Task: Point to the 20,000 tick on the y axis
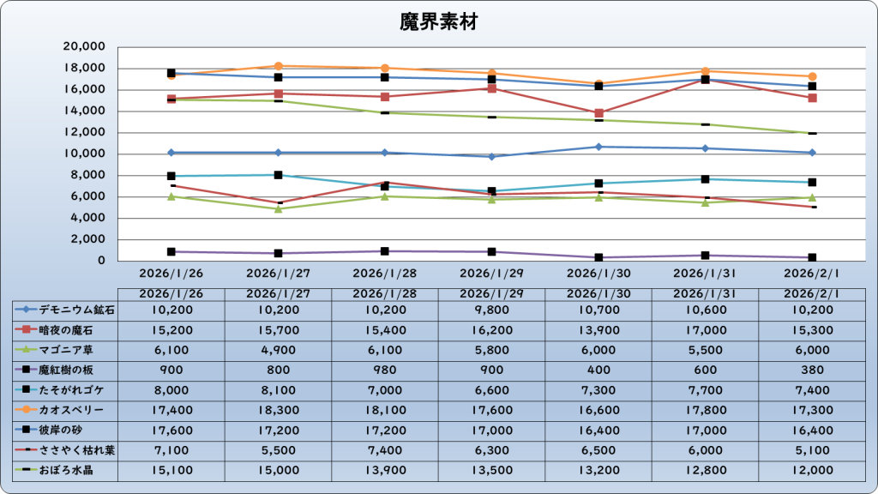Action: pos(84,46)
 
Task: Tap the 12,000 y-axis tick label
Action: pos(84,132)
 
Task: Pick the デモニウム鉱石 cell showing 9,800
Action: pos(491,310)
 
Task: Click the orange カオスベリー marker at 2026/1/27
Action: pos(278,66)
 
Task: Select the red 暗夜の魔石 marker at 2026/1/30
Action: pos(598,113)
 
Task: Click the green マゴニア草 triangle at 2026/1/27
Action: pos(278,208)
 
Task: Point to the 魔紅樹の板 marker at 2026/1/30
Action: pos(598,257)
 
